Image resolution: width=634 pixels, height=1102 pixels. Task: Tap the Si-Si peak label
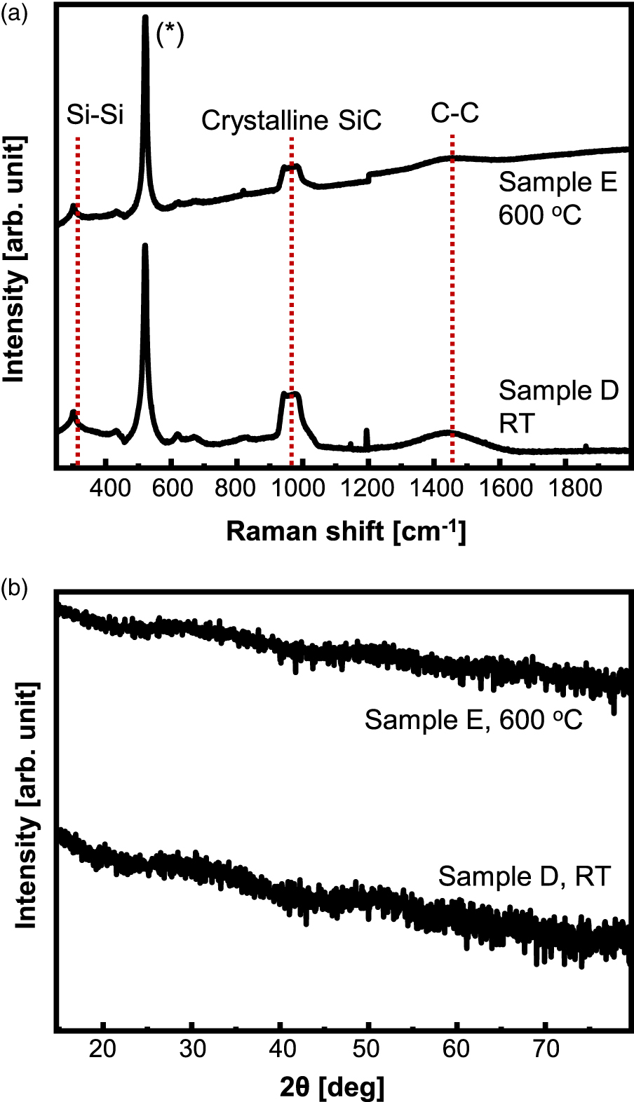[x=95, y=114]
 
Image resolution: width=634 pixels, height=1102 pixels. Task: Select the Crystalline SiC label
[x=291, y=121]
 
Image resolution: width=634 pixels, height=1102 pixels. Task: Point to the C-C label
[x=454, y=113]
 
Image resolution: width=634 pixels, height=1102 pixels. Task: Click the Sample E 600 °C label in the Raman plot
[x=558, y=198]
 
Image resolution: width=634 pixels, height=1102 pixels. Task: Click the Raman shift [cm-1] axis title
[x=346, y=531]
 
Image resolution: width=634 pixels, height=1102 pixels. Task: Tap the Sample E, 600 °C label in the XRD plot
[x=473, y=720]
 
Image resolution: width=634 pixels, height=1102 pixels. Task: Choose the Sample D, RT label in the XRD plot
[x=524, y=876]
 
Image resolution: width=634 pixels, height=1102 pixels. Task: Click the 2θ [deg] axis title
[x=332, y=1087]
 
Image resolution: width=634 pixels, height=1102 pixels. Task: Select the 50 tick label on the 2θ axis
[x=366, y=1049]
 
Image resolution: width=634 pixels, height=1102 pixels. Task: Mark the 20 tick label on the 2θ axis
[x=103, y=1049]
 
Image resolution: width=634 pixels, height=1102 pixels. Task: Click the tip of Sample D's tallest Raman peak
[x=145, y=246]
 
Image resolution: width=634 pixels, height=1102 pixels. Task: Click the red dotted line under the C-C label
[x=452, y=280]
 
